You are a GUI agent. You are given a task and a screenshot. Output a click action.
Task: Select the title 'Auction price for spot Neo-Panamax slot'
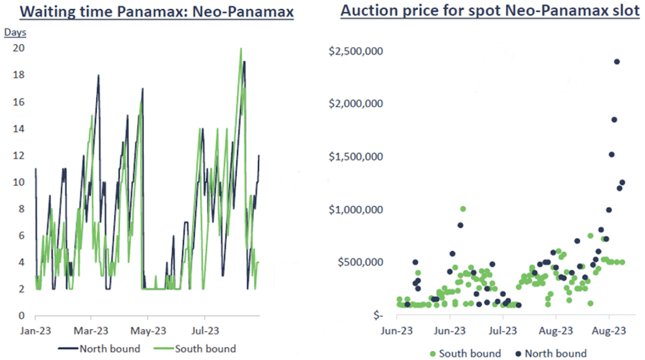490,11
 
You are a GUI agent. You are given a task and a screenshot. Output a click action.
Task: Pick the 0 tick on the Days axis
20,316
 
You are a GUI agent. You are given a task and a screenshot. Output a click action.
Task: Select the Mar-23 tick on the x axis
91,330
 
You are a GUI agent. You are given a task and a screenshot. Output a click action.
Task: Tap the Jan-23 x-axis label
35,330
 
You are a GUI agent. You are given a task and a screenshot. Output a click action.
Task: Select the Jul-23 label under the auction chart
502,330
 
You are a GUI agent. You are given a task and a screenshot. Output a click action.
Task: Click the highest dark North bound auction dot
617,61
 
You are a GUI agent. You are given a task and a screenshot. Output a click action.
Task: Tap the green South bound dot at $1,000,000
463,209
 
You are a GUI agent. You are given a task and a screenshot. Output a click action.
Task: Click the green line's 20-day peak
241,49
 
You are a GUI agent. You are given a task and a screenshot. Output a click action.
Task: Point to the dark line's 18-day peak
99,75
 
